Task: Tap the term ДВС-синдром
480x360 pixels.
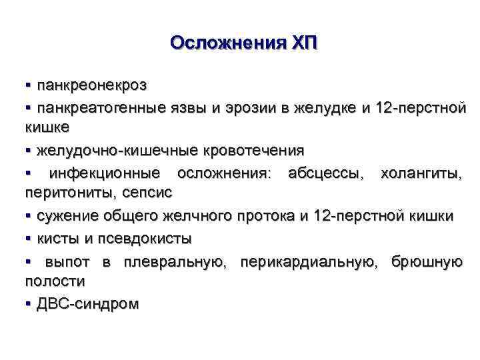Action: (88, 304)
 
